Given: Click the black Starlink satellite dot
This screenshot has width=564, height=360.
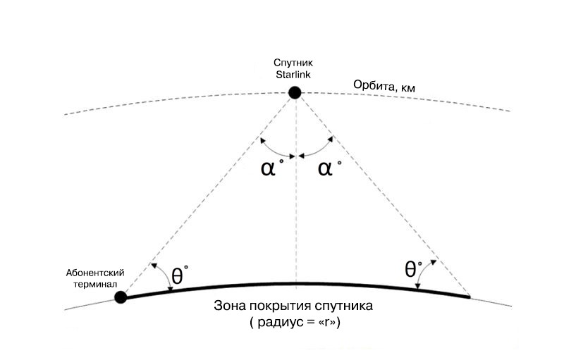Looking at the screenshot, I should point(295,92).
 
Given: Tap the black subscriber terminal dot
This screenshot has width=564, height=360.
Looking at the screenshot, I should point(121,297).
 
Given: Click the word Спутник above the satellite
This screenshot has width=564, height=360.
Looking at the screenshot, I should point(295,63).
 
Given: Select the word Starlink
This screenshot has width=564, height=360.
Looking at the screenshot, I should point(295,73).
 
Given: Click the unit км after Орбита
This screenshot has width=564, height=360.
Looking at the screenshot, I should point(407,87).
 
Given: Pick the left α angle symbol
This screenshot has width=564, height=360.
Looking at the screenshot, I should point(268,169).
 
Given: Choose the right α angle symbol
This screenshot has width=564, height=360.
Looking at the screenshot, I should point(325,169).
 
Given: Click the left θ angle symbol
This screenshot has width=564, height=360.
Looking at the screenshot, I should point(179,275).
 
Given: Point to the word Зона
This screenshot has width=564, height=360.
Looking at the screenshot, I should point(228,308).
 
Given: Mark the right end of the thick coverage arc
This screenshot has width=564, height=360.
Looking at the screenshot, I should point(468,297).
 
